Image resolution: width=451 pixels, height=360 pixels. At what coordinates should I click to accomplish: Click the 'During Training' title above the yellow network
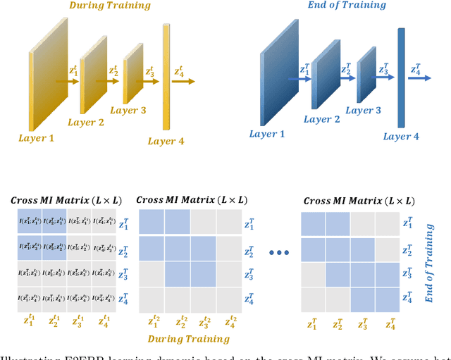coord(109,6)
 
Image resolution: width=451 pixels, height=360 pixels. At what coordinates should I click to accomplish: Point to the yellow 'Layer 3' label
coord(129,110)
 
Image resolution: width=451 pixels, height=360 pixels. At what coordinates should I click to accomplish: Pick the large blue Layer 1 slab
coord(280,79)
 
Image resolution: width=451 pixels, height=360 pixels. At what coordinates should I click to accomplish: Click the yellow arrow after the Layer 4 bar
coord(185,82)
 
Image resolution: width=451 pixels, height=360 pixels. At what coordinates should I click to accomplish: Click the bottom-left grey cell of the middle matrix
coord(151,298)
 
